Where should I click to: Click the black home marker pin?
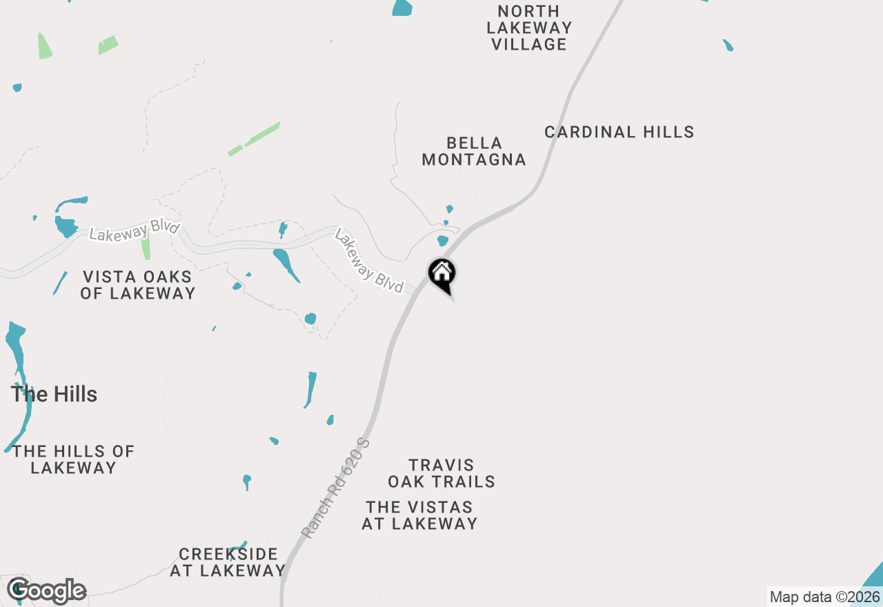(x=441, y=274)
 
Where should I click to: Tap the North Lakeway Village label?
(x=529, y=28)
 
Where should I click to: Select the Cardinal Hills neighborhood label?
(x=619, y=132)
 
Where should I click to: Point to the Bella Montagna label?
(x=474, y=151)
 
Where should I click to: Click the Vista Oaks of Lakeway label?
(x=138, y=285)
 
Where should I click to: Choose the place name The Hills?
(x=54, y=395)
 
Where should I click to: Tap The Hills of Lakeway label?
(x=73, y=459)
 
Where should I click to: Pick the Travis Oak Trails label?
(x=441, y=473)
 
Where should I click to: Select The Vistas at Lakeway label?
(x=419, y=515)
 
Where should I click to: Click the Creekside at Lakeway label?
(x=228, y=562)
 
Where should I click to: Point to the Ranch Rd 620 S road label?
(x=336, y=488)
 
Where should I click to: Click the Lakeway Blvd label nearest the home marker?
(x=368, y=261)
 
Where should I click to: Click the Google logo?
(x=46, y=590)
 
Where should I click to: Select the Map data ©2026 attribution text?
(x=824, y=597)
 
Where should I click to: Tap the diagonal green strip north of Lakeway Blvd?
(x=254, y=139)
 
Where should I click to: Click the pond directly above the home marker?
(x=443, y=241)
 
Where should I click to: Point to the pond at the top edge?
(x=402, y=8)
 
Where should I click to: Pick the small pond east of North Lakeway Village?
(x=728, y=46)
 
